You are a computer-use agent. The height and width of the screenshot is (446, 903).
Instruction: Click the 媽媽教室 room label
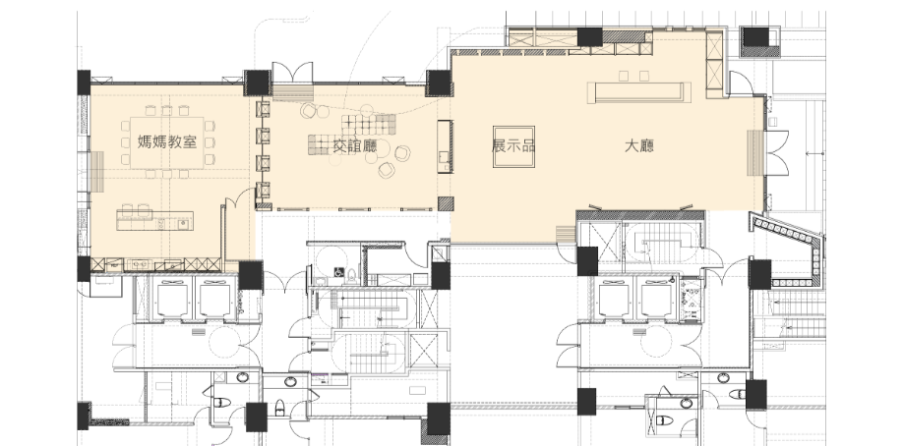pyautogui.click(x=167, y=141)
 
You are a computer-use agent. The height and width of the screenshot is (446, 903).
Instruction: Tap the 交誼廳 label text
pyautogui.click(x=355, y=146)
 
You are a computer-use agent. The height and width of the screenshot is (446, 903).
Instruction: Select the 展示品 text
pyautogui.click(x=513, y=145)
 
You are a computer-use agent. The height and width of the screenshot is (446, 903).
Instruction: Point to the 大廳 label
pyautogui.click(x=639, y=145)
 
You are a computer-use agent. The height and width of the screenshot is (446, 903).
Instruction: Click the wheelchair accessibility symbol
pyautogui.click(x=339, y=271)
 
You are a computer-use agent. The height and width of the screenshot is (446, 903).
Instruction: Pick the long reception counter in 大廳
pyautogui.click(x=638, y=92)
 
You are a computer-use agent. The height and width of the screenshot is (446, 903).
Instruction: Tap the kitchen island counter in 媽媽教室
pyautogui.click(x=154, y=220)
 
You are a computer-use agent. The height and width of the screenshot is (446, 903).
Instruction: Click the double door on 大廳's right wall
pyautogui.click(x=776, y=153)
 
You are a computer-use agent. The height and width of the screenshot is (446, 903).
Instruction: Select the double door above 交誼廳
pyautogui.click(x=292, y=73)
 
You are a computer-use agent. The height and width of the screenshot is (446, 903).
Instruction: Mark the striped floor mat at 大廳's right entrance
pyautogui.click(x=754, y=153)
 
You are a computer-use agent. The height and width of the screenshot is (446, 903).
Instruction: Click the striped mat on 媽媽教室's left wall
pyautogui.click(x=97, y=172)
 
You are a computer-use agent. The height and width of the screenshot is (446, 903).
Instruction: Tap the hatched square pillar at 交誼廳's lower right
pyautogui.click(x=446, y=203)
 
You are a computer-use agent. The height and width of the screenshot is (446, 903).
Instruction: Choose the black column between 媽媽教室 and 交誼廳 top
pyautogui.click(x=257, y=83)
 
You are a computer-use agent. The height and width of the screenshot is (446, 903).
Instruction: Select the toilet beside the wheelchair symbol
pyautogui.click(x=351, y=277)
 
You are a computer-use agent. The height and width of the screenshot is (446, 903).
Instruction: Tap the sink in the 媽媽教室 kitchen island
pyautogui.click(x=183, y=223)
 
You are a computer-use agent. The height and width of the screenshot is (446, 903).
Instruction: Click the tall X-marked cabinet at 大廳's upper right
pyautogui.click(x=714, y=65)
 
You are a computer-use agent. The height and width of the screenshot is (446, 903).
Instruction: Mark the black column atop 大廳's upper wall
pyautogui.click(x=590, y=36)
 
